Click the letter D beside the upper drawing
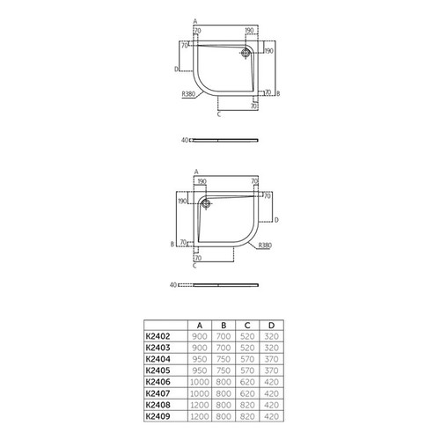click(176, 68)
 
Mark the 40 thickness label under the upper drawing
click(185, 139)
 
